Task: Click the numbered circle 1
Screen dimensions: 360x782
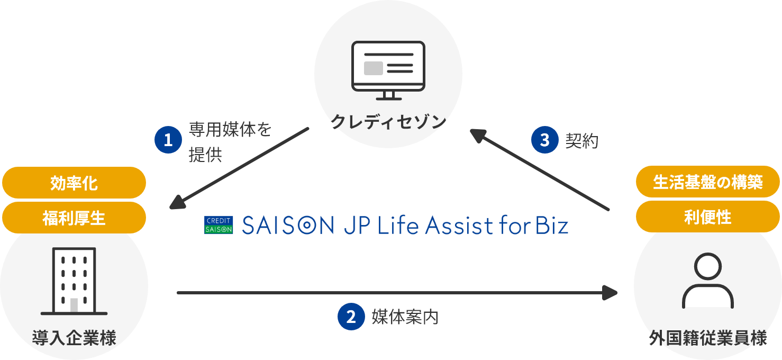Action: pyautogui.click(x=168, y=140)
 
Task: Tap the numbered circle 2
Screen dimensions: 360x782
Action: pyautogui.click(x=351, y=317)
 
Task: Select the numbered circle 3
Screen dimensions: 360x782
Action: pyautogui.click(x=544, y=140)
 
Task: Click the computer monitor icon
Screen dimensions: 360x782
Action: pyautogui.click(x=388, y=69)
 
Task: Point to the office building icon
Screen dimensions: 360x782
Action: pyautogui.click(x=74, y=281)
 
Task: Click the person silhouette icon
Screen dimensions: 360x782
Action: pyautogui.click(x=707, y=281)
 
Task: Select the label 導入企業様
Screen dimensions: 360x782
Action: pyautogui.click(x=74, y=337)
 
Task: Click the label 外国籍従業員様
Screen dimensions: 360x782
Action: pyautogui.click(x=707, y=337)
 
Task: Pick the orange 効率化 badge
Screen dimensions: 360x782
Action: pyautogui.click(x=74, y=183)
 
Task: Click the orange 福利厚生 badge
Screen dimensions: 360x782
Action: pyautogui.click(x=74, y=218)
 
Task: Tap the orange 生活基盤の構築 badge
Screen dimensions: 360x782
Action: pyautogui.click(x=707, y=183)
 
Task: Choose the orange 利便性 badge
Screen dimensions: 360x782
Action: pyautogui.click(x=707, y=217)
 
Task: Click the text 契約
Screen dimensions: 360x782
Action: pyautogui.click(x=581, y=140)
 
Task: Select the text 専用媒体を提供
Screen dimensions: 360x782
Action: pyautogui.click(x=230, y=142)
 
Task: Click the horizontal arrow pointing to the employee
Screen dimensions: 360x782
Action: pyautogui.click(x=397, y=292)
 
